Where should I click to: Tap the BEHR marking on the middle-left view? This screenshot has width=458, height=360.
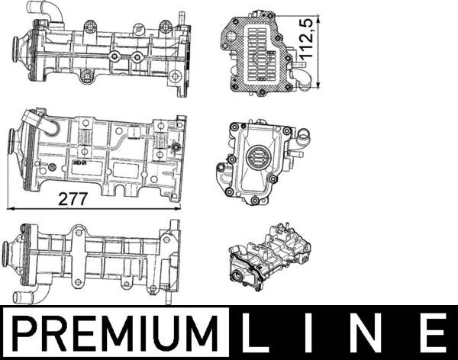79,162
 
